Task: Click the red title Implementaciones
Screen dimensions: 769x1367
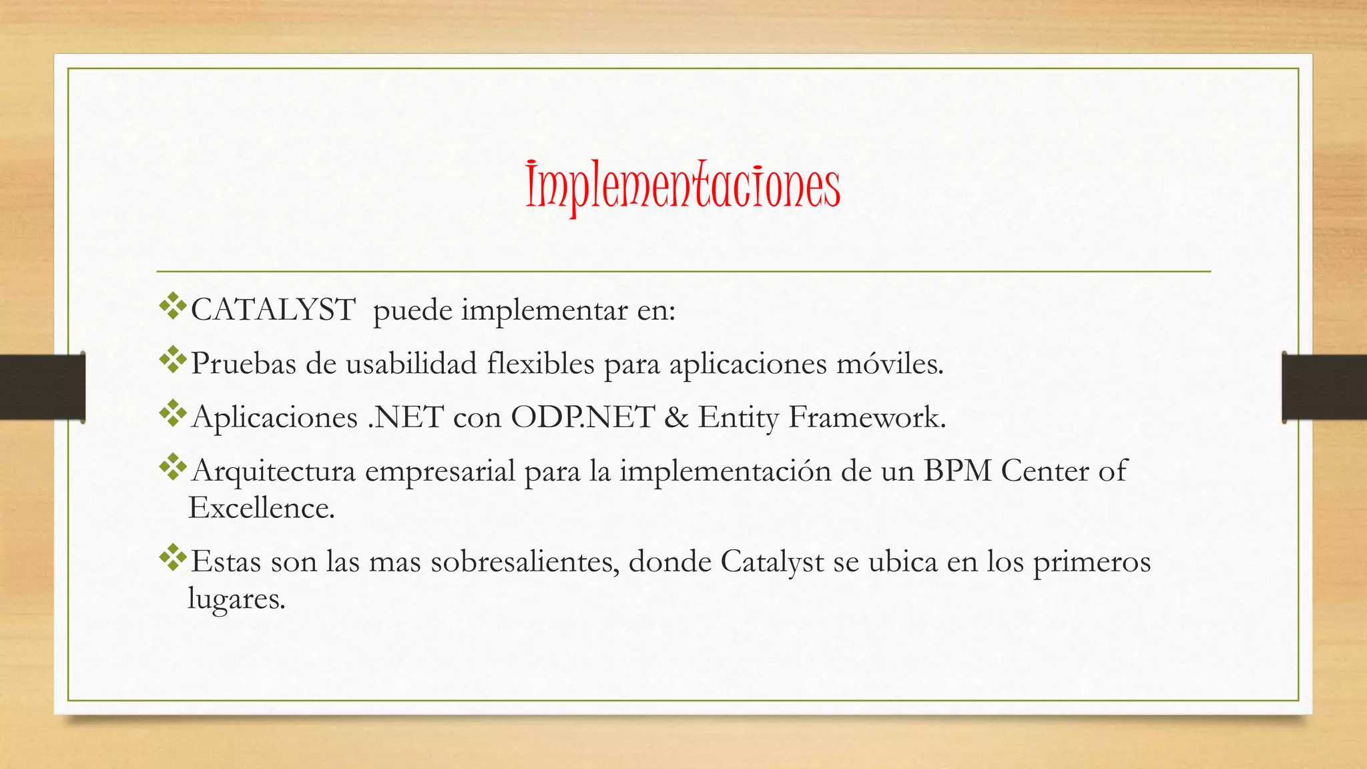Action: click(682, 186)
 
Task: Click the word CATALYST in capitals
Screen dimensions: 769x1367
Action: click(273, 310)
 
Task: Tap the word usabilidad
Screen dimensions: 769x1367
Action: click(411, 364)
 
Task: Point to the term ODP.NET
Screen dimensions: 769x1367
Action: click(582, 418)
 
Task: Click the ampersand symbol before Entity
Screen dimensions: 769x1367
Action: click(676, 418)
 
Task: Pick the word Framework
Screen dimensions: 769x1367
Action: click(867, 418)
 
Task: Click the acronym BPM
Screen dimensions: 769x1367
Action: click(958, 471)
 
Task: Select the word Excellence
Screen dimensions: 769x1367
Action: click(261, 509)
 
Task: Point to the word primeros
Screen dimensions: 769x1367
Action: click(1092, 562)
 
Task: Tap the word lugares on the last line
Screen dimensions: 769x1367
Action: click(236, 599)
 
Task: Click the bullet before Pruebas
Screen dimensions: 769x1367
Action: click(173, 360)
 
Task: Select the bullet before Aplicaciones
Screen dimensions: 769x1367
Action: click(173, 413)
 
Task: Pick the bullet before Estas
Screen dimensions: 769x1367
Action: click(173, 557)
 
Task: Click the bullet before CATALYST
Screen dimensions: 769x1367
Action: click(173, 306)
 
